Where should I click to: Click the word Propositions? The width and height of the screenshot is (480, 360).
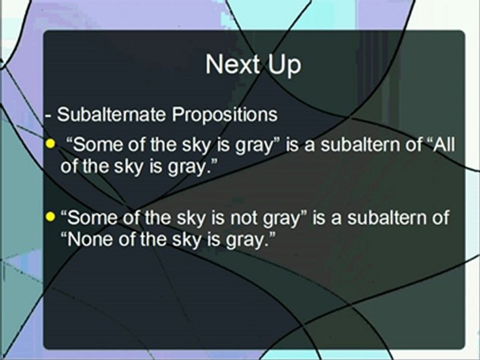point(224,114)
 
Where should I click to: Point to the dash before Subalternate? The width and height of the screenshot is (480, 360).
point(48,115)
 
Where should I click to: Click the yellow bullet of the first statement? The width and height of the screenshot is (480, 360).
point(49,144)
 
